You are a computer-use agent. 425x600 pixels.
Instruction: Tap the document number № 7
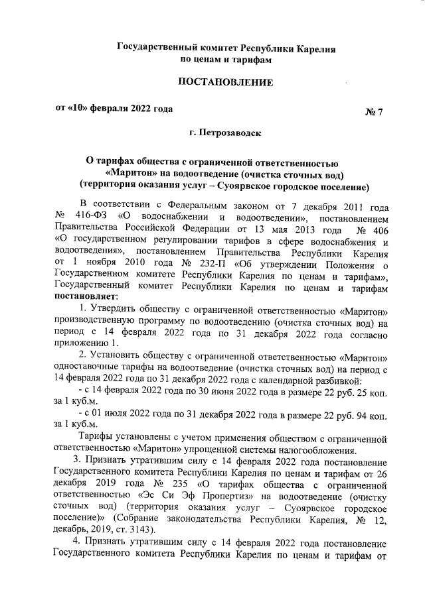pyautogui.click(x=374, y=111)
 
